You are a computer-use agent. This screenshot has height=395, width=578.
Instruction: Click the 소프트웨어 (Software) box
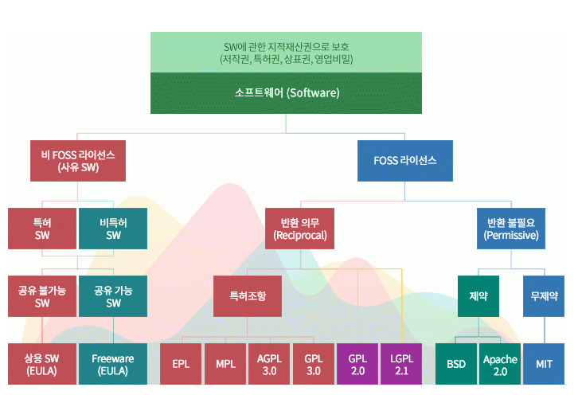[x=287, y=93]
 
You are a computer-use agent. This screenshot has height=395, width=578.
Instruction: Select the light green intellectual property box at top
[x=287, y=53]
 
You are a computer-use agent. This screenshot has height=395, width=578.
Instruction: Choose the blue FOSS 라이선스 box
[x=404, y=161]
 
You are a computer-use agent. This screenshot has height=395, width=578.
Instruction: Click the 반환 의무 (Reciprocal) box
[x=301, y=229]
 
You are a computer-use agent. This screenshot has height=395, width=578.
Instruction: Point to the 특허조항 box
[x=247, y=295]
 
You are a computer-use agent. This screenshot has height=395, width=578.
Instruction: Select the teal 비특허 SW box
[x=113, y=229]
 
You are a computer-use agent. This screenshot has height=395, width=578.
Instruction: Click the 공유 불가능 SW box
[x=42, y=296]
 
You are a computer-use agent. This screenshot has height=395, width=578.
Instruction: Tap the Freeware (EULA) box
[x=113, y=364]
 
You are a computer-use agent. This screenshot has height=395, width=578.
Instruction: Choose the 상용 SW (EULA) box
[x=42, y=364]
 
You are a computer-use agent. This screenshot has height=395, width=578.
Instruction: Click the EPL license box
[x=181, y=364]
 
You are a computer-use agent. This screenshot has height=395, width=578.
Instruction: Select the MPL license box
[x=225, y=364]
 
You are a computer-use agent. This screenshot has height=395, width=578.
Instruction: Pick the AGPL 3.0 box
[x=269, y=364]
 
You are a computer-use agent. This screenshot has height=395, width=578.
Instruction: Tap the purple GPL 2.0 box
[x=357, y=364]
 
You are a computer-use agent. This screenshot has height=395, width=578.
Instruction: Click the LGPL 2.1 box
[x=401, y=364]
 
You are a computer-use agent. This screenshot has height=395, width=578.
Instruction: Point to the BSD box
[x=455, y=364]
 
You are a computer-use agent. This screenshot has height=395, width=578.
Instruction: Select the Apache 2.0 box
[x=499, y=364]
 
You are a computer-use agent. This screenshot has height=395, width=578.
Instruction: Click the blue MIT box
[x=544, y=364]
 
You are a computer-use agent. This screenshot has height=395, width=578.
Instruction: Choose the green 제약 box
[x=478, y=295]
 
